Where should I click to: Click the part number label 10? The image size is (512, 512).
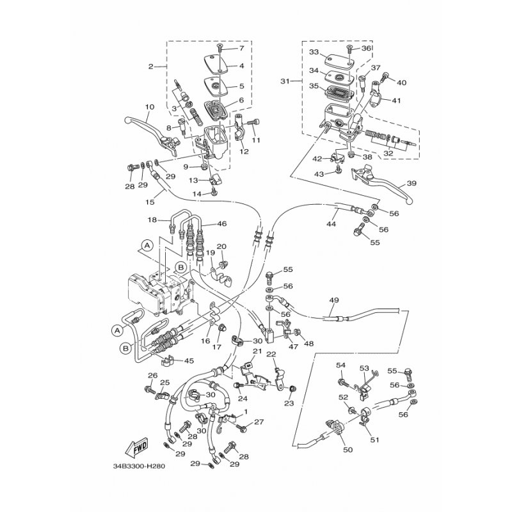pyautogui.click(x=150, y=107)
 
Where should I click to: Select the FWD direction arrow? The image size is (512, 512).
pyautogui.click(x=136, y=446)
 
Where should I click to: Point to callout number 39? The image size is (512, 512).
pyautogui.click(x=412, y=183)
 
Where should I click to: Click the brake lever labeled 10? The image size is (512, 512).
pyautogui.click(x=152, y=134)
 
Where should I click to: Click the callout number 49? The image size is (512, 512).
pyautogui.click(x=334, y=300)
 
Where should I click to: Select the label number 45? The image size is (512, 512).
pyautogui.click(x=189, y=361)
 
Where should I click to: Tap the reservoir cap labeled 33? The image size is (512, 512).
pyautogui.click(x=339, y=60)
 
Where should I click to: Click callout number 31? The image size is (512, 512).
pyautogui.click(x=285, y=81)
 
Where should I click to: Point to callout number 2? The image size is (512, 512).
pyautogui.click(x=150, y=67)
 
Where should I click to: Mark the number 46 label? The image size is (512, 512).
pyautogui.click(x=222, y=223)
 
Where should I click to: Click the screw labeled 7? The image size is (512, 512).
pyautogui.click(x=220, y=49)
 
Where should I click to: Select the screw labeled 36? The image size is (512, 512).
pyautogui.click(x=349, y=49)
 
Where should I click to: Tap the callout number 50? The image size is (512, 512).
pyautogui.click(x=348, y=450)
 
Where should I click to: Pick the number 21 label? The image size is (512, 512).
pyautogui.click(x=258, y=351)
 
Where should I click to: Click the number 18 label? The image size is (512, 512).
pyautogui.click(x=152, y=220)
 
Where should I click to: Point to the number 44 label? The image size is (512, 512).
pyautogui.click(x=331, y=224)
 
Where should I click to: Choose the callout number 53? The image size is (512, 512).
pyautogui.click(x=364, y=369)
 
